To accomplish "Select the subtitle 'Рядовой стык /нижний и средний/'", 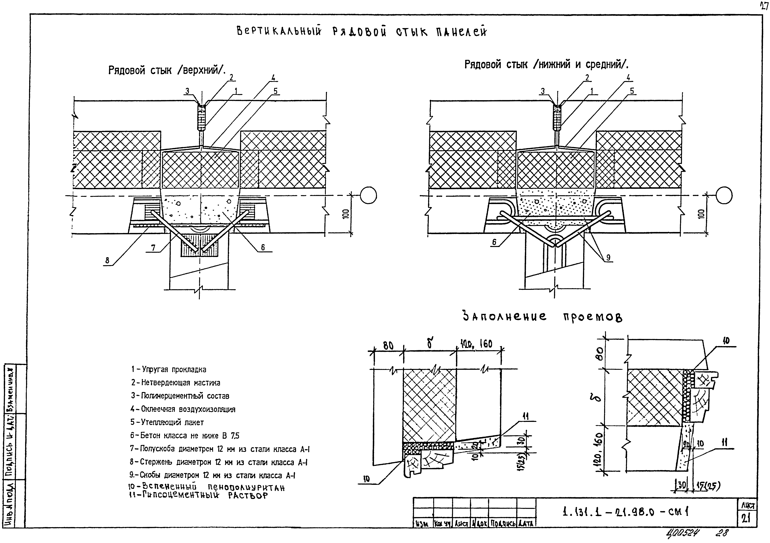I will coord(546,64).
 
